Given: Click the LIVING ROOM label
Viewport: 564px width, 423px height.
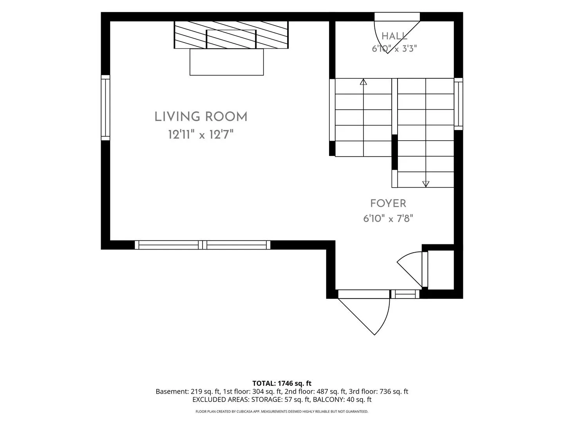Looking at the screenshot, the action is pos(201,117).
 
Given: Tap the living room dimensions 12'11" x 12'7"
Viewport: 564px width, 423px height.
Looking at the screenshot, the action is pos(201,134).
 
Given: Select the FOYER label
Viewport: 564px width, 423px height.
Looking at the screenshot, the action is pos(388,203).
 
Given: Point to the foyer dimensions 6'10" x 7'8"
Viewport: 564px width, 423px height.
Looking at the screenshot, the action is pos(388,219).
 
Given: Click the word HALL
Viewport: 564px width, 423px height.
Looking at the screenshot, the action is pos(394,36).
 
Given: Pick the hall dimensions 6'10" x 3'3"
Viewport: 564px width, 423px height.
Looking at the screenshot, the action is pos(394,49).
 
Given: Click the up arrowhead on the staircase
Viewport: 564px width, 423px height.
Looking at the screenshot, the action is pos(363,82).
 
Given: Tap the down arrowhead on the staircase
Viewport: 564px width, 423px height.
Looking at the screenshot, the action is pos(426,184).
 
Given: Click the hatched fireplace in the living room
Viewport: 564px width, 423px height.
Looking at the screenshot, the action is pos(231,35).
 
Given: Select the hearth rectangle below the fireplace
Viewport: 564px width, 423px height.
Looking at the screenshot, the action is pos(227,62).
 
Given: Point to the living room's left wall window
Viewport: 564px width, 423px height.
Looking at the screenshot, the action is pos(105,108).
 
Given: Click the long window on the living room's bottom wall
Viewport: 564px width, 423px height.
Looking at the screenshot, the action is pos(202,245).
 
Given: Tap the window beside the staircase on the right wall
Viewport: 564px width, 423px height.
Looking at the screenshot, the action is pos(458,104).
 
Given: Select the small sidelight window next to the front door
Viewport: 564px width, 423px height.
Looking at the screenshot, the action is pos(405,294).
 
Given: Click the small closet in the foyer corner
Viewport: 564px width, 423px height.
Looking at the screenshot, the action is pos(441,270).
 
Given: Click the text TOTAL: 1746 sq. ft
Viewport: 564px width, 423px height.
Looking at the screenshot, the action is pos(282,383).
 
